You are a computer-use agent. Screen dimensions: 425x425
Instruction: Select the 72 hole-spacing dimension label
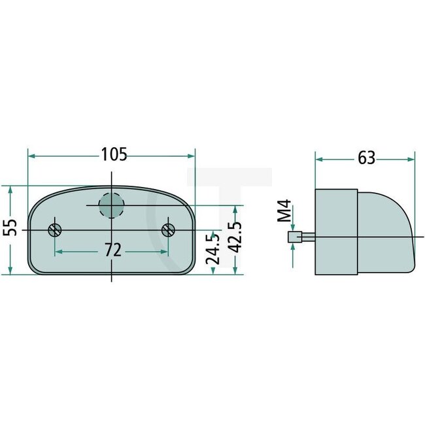(112, 250)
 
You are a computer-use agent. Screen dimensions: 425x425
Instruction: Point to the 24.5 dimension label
(212, 248)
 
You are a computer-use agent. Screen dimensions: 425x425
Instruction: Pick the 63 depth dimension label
(366, 158)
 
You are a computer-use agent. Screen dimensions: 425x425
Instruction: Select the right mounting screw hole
(169, 229)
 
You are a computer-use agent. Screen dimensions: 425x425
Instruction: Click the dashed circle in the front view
(111, 205)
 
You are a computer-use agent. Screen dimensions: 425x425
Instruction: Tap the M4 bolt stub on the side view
(294, 237)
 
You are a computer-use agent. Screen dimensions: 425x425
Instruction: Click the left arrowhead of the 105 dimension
(31, 156)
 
